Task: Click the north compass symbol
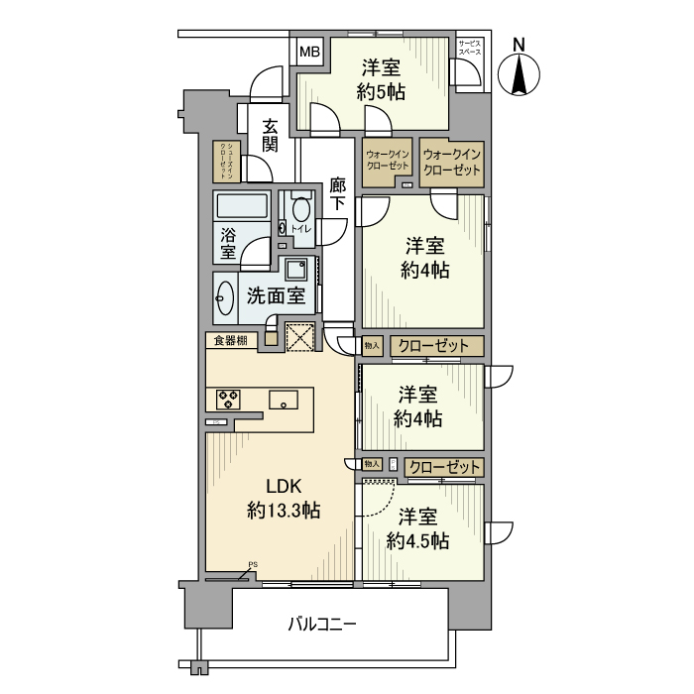(520, 70)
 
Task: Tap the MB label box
(310, 52)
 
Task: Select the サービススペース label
(469, 47)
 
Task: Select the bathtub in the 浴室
(242, 208)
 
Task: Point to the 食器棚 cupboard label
(230, 341)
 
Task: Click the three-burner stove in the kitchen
(229, 400)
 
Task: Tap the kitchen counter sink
(284, 401)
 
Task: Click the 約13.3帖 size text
(283, 511)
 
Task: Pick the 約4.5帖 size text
(417, 540)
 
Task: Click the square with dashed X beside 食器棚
(298, 337)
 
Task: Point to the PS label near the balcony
(252, 565)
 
